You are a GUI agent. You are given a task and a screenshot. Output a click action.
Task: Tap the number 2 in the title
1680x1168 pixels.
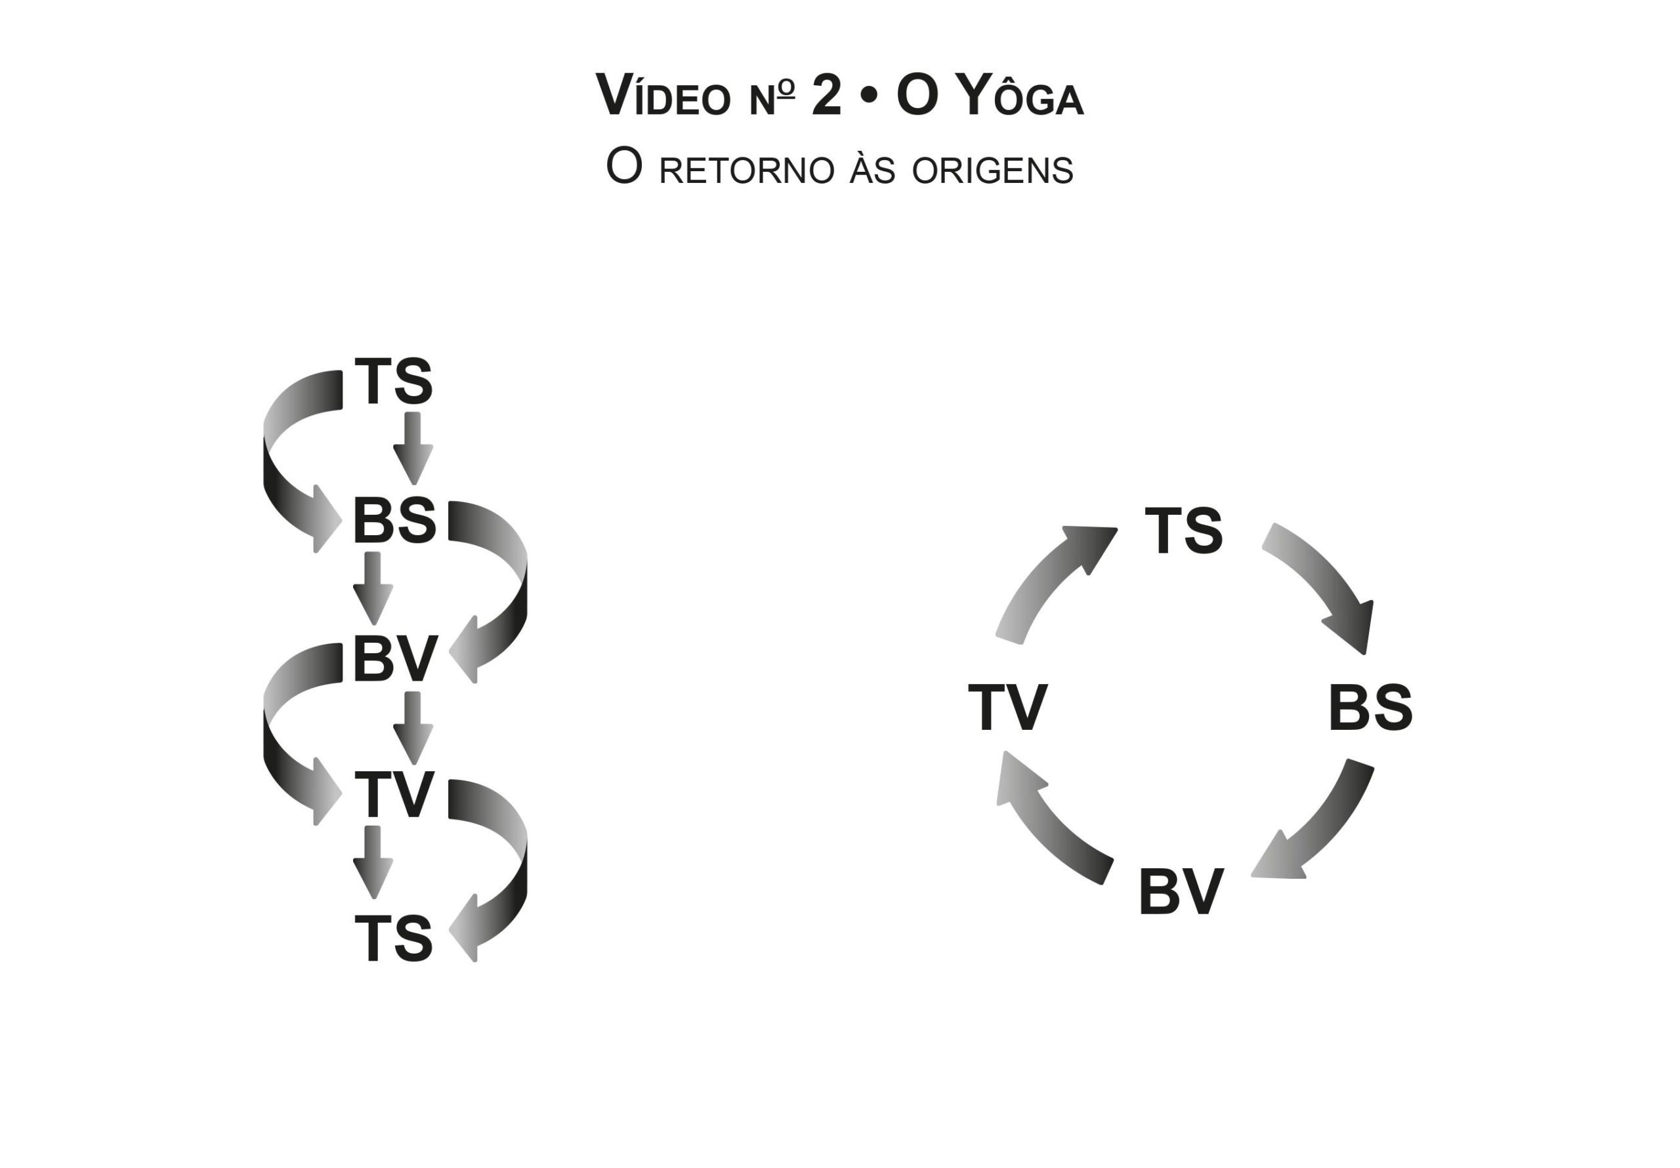point(826,96)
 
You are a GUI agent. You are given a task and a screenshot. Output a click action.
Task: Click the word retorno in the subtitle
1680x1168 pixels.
point(746,171)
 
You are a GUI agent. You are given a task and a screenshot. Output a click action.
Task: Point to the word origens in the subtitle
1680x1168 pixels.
point(992,171)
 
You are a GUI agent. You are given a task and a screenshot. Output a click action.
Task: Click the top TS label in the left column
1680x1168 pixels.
point(394,381)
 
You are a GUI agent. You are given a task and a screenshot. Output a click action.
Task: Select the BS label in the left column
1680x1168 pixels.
point(394,521)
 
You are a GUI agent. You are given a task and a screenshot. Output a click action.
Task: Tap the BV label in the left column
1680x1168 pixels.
point(395,660)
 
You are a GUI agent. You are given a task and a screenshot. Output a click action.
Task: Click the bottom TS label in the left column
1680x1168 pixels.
point(394,938)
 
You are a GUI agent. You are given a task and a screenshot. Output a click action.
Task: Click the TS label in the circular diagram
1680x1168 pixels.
point(1183,531)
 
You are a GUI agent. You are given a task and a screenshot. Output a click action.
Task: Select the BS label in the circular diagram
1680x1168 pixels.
point(1370,708)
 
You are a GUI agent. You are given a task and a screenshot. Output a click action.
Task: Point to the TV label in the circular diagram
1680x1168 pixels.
point(1007,708)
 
